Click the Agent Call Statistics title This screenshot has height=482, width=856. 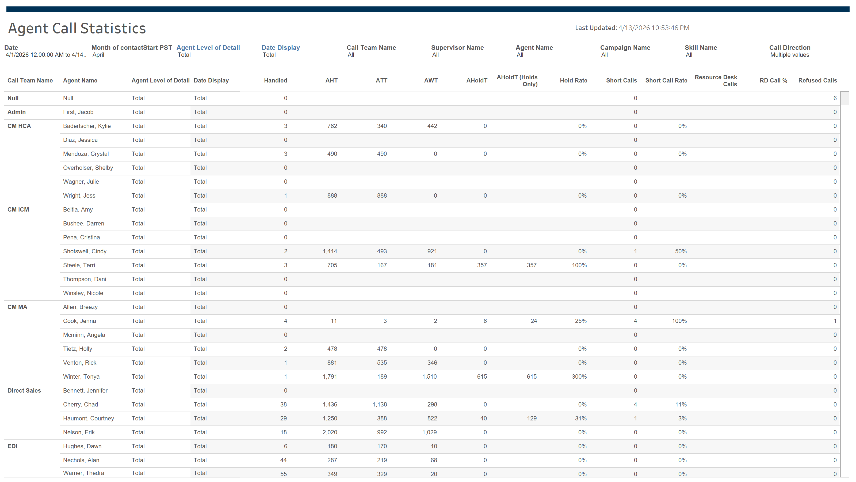click(77, 28)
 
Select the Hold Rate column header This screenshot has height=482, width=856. click(573, 81)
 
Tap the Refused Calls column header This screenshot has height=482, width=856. click(817, 81)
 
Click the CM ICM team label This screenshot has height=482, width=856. click(18, 210)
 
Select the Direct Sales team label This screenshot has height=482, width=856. click(24, 390)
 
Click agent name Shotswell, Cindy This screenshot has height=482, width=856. click(85, 251)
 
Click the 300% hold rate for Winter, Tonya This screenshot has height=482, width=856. click(579, 376)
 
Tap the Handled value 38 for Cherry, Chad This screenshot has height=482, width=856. click(284, 405)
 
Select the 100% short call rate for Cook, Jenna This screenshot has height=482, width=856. click(679, 321)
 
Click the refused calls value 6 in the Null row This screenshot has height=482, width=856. click(835, 98)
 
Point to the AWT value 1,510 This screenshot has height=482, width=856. click(429, 376)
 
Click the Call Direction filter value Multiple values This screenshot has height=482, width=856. click(790, 55)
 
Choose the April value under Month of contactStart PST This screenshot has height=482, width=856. click(98, 55)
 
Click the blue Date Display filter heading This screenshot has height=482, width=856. click(280, 48)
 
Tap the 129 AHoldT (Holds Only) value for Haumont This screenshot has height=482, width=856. click(532, 419)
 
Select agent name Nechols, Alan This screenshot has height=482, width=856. click(81, 460)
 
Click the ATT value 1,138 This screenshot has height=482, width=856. click(380, 405)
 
